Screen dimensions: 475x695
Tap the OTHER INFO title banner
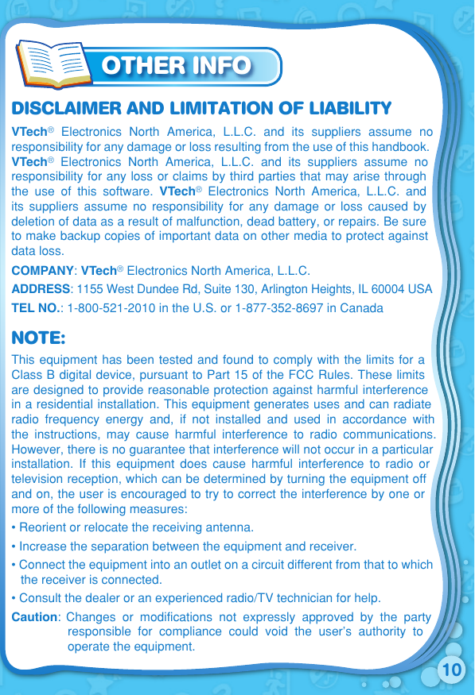pyautogui.click(x=177, y=65)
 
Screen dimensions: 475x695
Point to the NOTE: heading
pyautogui.click(x=38, y=338)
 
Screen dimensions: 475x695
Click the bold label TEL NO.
pyautogui.click(x=37, y=307)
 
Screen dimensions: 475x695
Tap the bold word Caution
pyautogui.click(x=34, y=617)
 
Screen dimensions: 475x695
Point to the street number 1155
pyautogui.click(x=89, y=289)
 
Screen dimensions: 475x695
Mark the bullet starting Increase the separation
pyautogui.click(x=188, y=546)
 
